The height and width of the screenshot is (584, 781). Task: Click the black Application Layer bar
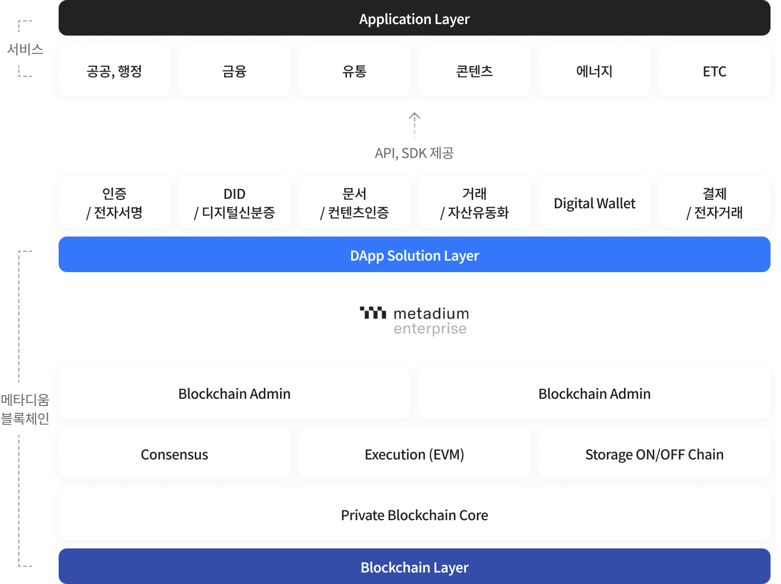click(x=414, y=19)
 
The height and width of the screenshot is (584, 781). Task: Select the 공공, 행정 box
click(x=114, y=71)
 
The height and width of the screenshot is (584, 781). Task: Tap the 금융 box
click(x=234, y=71)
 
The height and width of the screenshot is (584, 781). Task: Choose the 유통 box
click(x=354, y=71)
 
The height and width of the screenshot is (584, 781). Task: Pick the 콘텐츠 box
click(x=474, y=71)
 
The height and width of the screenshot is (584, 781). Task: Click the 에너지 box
click(x=594, y=71)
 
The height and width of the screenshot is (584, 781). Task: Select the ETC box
click(x=714, y=71)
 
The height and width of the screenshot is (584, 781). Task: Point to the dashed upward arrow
click(x=415, y=126)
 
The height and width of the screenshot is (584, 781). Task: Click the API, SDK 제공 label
click(x=414, y=153)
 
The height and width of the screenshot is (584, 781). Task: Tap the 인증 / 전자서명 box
click(x=114, y=203)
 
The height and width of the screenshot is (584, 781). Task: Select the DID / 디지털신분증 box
click(x=234, y=203)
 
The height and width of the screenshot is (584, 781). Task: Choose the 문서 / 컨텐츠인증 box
click(x=354, y=203)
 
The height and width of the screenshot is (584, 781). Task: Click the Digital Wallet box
click(x=594, y=203)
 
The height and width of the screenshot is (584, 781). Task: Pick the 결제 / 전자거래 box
click(x=714, y=203)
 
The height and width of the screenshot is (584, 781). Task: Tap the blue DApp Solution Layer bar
click(x=414, y=255)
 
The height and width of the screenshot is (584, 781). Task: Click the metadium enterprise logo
click(x=414, y=320)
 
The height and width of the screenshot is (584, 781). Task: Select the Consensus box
click(x=174, y=454)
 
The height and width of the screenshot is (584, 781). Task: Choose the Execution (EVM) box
click(x=414, y=454)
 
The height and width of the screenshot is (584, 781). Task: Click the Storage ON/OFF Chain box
click(x=654, y=454)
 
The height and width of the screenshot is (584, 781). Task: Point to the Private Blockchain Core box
click(x=414, y=514)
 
